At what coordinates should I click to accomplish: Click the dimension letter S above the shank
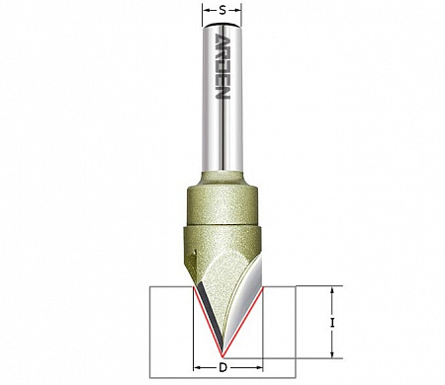pyautogui.click(x=222, y=10)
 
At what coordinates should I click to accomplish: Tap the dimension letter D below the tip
pyautogui.click(x=223, y=367)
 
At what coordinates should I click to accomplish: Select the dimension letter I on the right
pyautogui.click(x=332, y=323)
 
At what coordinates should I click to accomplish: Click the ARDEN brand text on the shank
pyautogui.click(x=222, y=66)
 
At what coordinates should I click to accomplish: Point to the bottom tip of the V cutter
pyautogui.click(x=222, y=356)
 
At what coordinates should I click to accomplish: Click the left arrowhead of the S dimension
pyautogui.click(x=206, y=11)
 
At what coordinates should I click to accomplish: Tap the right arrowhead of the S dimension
pyautogui.click(x=238, y=11)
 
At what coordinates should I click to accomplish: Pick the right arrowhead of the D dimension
pyautogui.click(x=259, y=367)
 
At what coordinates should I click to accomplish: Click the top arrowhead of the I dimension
pyautogui.click(x=332, y=290)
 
